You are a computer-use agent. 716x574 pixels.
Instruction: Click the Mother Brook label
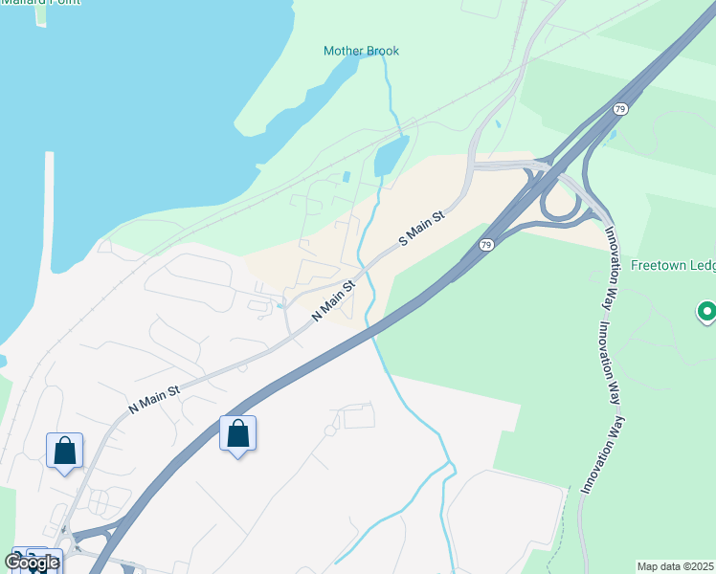(x=361, y=51)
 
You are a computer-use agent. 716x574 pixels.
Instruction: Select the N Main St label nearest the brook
(x=333, y=299)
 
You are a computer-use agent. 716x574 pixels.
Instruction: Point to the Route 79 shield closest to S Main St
(x=486, y=245)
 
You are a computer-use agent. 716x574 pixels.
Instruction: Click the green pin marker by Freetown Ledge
(x=706, y=311)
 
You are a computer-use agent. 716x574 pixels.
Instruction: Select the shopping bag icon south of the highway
(x=237, y=434)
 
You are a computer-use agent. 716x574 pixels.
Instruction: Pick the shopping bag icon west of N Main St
(x=64, y=451)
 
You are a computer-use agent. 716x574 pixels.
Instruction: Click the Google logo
(x=32, y=563)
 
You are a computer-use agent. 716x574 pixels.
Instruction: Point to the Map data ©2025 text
(x=675, y=566)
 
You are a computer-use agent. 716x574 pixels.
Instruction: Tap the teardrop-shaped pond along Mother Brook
(x=391, y=155)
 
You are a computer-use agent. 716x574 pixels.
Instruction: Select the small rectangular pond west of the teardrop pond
(x=346, y=177)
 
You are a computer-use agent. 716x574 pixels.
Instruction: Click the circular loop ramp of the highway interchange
(x=558, y=202)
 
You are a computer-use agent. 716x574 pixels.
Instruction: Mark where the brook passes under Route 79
(x=371, y=330)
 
